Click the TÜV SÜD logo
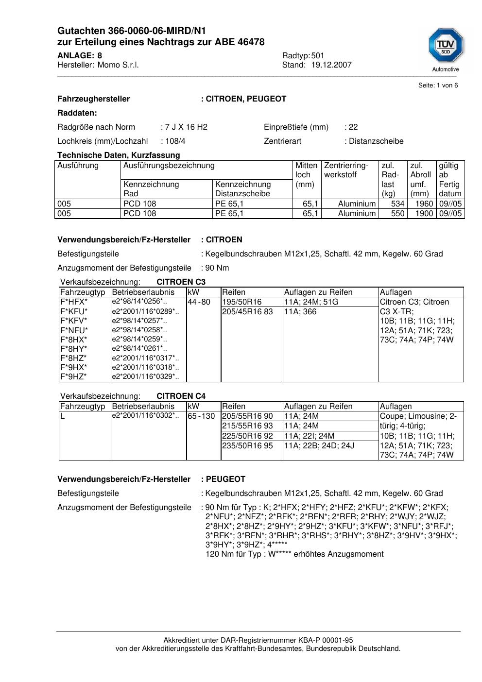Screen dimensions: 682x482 click(446, 46)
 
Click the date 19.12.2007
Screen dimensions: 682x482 click(331, 65)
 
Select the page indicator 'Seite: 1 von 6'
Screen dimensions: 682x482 click(438, 85)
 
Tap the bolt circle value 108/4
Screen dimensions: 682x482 click(175, 141)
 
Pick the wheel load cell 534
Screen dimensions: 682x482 click(397, 204)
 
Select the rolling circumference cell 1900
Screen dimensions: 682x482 click(424, 214)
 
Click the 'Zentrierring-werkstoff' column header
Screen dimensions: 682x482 click(346, 170)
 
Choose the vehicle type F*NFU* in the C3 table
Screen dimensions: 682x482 click(74, 330)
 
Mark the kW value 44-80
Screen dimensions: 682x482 click(199, 302)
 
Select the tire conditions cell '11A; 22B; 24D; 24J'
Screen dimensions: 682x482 click(319, 446)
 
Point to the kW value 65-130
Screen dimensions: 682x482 click(201, 416)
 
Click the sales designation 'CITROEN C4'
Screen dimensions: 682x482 click(181, 396)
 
